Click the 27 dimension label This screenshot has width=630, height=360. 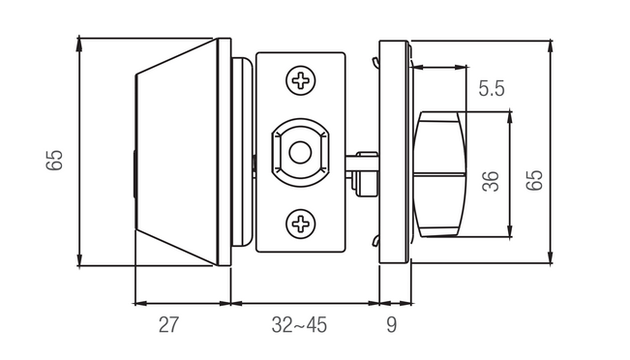(168, 324)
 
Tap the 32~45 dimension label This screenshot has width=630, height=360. (299, 324)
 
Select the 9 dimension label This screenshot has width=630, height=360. (391, 324)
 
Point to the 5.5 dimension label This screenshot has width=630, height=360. (492, 88)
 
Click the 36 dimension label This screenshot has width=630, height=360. (491, 181)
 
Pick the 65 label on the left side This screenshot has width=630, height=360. (54, 161)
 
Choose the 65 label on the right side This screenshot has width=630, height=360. (534, 180)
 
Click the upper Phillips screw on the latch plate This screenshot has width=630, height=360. (301, 80)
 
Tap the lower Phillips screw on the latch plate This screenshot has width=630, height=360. (301, 224)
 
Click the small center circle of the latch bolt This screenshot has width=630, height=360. (300, 153)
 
